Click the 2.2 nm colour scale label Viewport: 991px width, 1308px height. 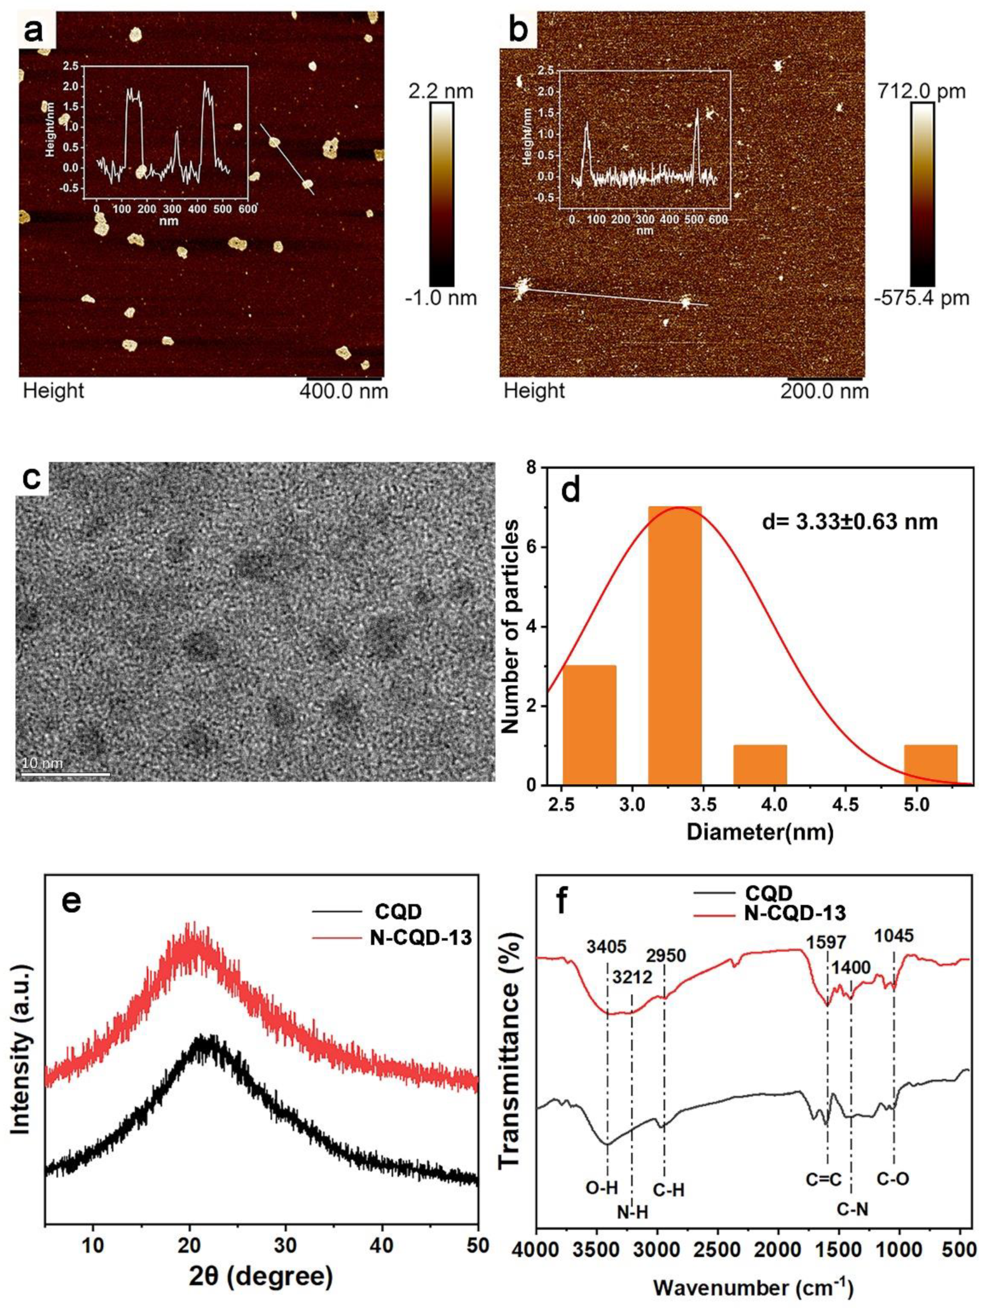click(441, 91)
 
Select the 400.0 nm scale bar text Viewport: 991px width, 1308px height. click(344, 391)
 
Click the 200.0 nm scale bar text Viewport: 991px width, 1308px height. click(824, 391)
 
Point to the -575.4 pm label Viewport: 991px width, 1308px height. click(922, 298)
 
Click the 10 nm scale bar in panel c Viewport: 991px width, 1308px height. click(66, 774)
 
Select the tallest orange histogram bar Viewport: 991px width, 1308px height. click(674, 645)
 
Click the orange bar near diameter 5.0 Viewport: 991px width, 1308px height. click(930, 764)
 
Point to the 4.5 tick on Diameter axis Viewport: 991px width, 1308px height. click(845, 804)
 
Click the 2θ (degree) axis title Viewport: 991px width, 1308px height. click(261, 1276)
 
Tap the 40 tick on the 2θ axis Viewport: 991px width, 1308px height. click(382, 1245)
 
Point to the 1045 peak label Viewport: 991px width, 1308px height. click(894, 936)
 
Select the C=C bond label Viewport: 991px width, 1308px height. click(824, 1179)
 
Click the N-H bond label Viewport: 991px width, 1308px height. click(632, 1212)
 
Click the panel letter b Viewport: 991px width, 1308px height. click(518, 31)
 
